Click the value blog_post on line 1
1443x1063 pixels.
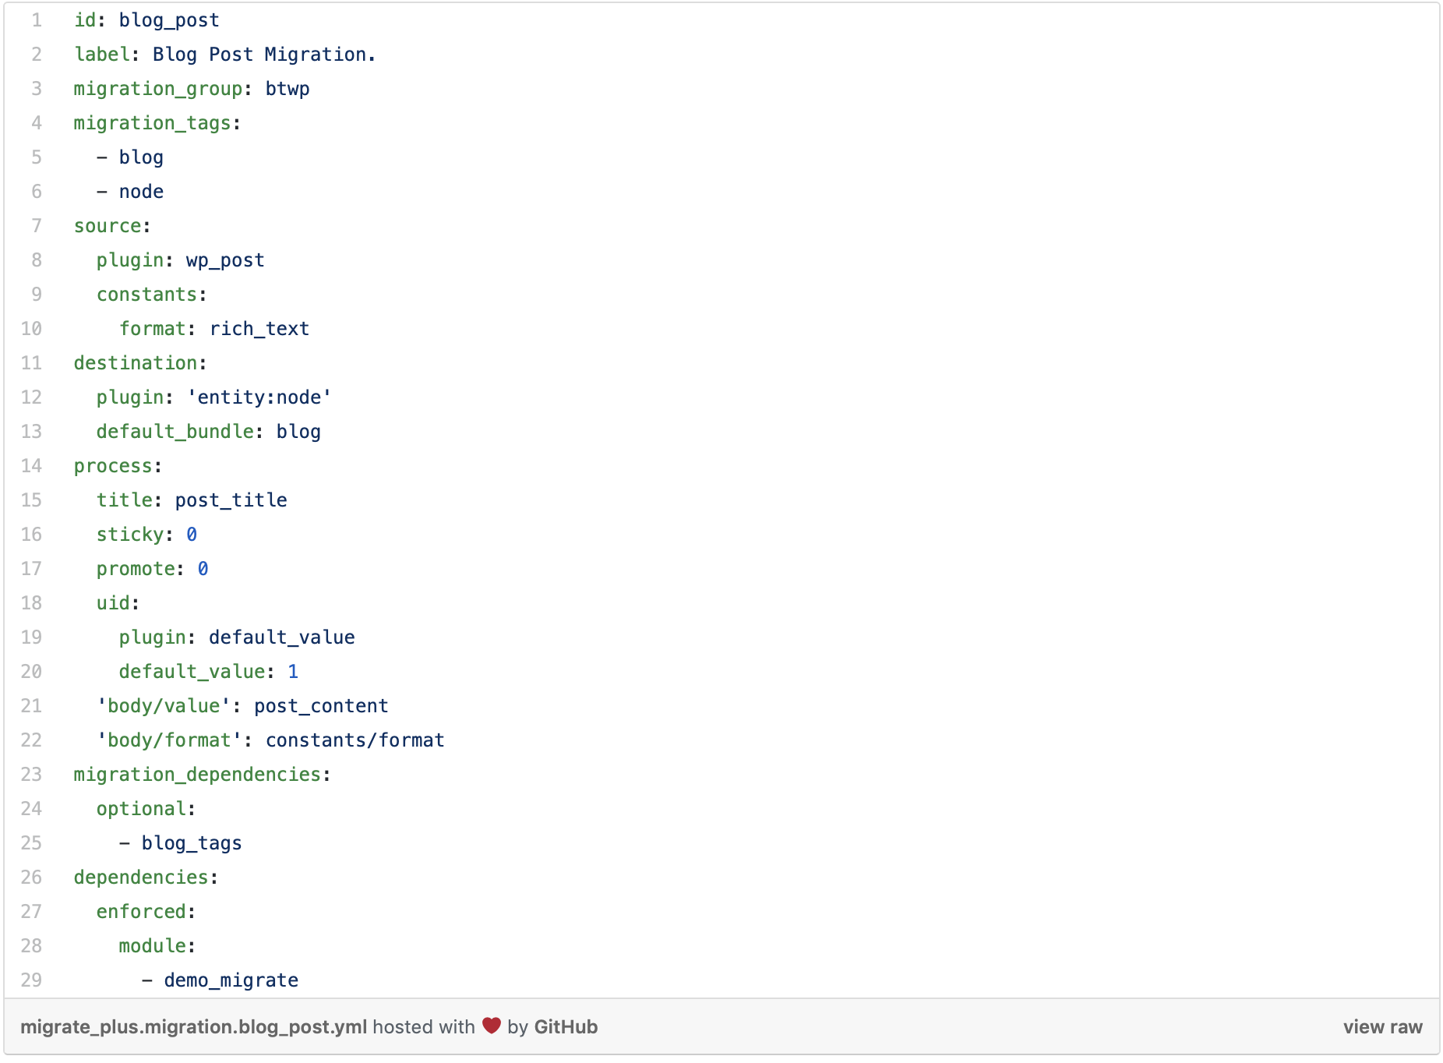click(x=169, y=20)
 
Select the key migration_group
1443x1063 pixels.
click(x=158, y=89)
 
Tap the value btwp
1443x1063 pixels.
click(x=288, y=89)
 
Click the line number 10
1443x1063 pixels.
click(x=31, y=329)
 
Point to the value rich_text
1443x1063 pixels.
click(x=259, y=329)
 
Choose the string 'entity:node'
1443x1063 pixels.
click(x=259, y=397)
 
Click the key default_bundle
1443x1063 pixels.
click(x=175, y=432)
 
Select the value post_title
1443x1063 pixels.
click(x=231, y=500)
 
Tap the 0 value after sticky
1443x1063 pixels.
click(x=192, y=535)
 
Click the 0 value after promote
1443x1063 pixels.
click(x=203, y=569)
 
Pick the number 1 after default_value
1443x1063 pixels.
click(x=293, y=672)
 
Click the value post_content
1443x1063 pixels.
click(x=321, y=706)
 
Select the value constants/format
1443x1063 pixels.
click(x=355, y=740)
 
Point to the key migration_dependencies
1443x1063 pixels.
click(x=198, y=775)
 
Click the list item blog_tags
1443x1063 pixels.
click(x=192, y=843)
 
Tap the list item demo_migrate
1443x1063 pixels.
click(x=231, y=980)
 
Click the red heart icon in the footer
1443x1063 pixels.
click(x=492, y=1026)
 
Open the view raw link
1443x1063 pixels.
click(x=1383, y=1027)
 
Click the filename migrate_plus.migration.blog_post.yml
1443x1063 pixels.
click(x=194, y=1027)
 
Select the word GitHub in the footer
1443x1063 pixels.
click(x=566, y=1027)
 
